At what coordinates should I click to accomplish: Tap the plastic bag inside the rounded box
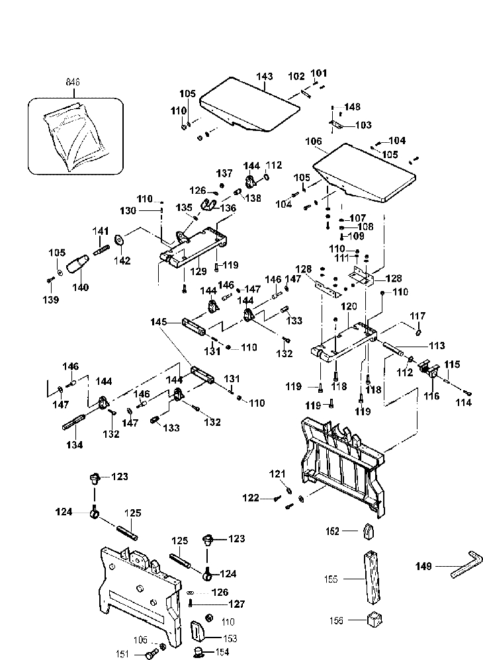(72, 140)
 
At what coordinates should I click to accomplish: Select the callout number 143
(264, 77)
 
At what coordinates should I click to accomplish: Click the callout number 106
(314, 141)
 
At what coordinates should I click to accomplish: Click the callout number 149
(423, 566)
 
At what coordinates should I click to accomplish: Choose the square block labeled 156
(375, 621)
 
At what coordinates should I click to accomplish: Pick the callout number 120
(349, 308)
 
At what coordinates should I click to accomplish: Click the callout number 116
(431, 396)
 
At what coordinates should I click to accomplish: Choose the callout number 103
(364, 125)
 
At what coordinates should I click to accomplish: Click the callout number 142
(121, 261)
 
